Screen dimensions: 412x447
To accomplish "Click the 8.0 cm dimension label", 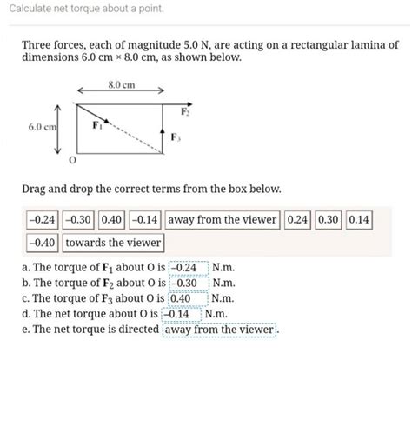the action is (122, 85).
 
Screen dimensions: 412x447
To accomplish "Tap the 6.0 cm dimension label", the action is (41, 127).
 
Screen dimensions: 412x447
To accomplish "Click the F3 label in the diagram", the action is (176, 137).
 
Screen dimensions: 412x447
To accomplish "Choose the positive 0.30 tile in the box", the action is (328, 220).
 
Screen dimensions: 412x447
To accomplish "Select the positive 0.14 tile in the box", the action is (358, 220).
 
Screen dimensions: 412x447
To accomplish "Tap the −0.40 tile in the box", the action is (42, 243).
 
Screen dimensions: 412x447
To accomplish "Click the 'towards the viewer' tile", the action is (113, 243).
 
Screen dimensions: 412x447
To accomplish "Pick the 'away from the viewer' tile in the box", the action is (222, 220).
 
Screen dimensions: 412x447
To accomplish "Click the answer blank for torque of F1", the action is (189, 268).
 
